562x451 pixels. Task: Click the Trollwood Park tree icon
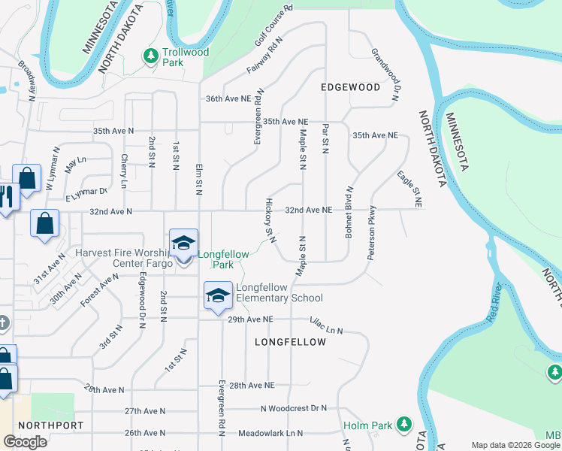coord(151,55)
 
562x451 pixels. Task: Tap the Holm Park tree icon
coord(403,425)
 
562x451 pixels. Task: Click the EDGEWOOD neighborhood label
coord(350,87)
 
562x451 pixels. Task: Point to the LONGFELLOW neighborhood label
coord(290,342)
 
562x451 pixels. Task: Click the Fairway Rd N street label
coord(264,56)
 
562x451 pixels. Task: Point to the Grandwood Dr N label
coord(384,74)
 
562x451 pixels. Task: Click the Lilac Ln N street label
coord(326,325)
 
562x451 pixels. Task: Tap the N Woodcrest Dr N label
coord(294,408)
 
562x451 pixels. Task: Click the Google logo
coord(25,442)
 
